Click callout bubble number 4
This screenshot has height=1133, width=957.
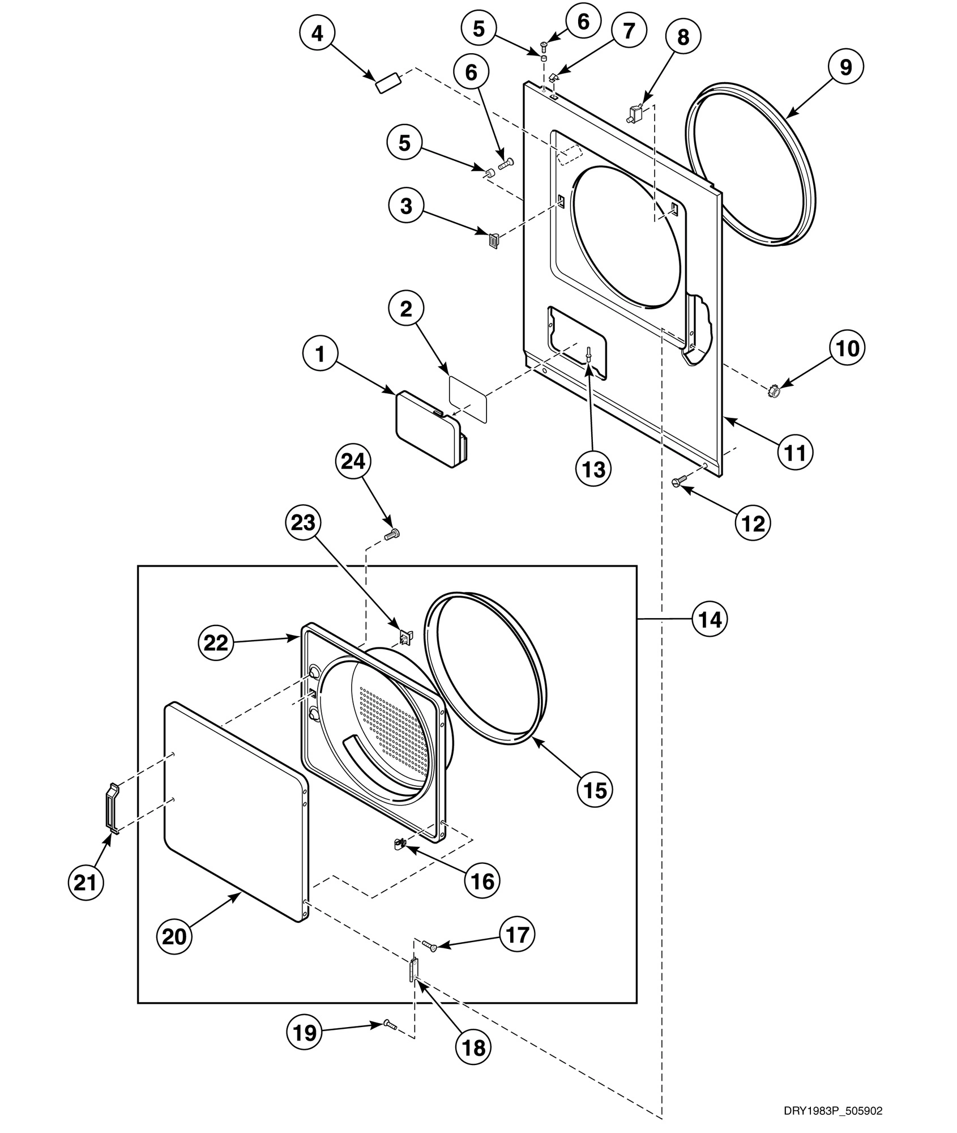(x=317, y=33)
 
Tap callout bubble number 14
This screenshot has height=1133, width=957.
(x=710, y=619)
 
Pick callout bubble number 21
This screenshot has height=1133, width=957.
(x=85, y=881)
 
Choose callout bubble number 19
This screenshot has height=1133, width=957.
(x=305, y=1032)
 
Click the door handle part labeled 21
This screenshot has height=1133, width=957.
(x=113, y=809)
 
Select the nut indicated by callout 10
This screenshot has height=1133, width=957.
(x=774, y=391)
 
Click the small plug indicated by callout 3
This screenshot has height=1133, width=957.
(x=494, y=240)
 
